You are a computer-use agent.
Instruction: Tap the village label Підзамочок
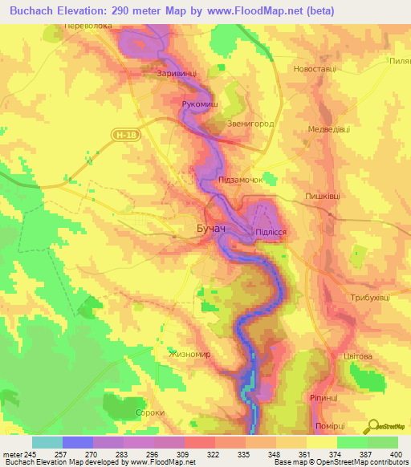point(242,181)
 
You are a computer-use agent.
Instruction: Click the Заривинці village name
point(177,73)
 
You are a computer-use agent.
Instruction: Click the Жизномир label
point(189,353)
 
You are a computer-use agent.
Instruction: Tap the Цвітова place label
point(357,355)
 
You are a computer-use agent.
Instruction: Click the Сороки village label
point(150,412)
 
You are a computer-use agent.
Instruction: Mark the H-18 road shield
point(121,136)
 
